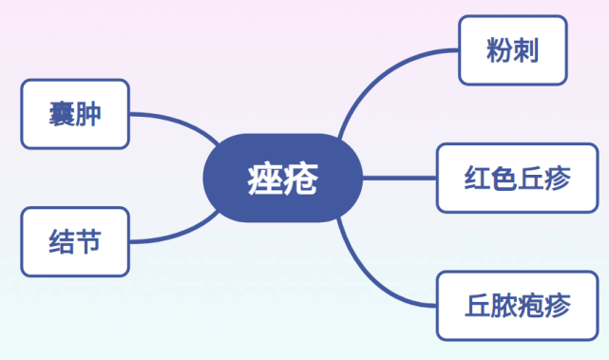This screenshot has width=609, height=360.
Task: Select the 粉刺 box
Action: pos(513,50)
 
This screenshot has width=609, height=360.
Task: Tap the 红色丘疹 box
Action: pos(518,179)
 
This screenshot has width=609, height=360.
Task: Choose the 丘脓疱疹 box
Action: pos(518,306)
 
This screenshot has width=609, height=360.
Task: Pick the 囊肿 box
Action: pos(75,114)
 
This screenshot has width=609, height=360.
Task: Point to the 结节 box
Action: pos(75,242)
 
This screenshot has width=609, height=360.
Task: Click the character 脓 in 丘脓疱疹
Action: pos(504,306)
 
